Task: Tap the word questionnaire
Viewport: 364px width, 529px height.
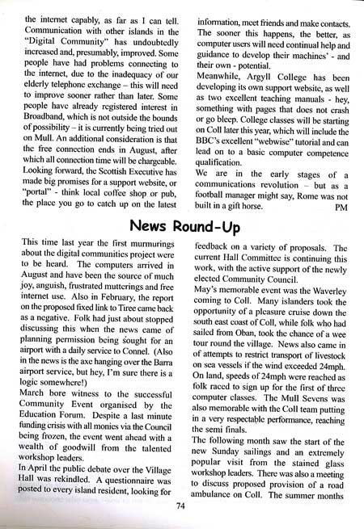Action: [113, 478]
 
